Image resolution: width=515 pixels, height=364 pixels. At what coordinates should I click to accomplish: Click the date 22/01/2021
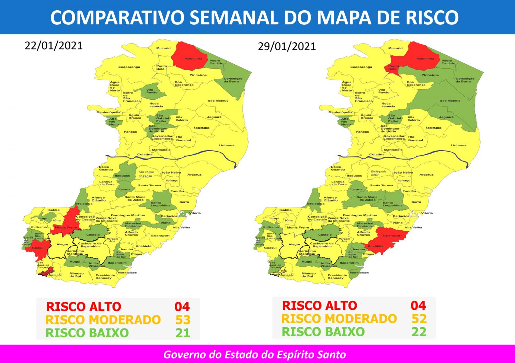[54, 46]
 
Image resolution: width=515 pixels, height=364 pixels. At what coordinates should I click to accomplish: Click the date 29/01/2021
[287, 46]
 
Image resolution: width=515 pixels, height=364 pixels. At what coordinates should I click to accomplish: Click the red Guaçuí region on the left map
[38, 249]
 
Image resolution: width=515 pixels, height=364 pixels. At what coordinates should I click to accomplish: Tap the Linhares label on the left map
[226, 145]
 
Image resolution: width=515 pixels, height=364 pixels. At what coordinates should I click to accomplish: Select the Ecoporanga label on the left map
[129, 67]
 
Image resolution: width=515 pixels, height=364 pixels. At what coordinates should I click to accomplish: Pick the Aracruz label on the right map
[426, 175]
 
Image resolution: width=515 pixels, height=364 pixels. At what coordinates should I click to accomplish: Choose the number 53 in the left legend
[182, 320]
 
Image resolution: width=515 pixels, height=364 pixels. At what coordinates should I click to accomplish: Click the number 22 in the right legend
[419, 332]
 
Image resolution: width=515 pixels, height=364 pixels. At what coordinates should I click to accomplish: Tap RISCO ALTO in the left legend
[83, 307]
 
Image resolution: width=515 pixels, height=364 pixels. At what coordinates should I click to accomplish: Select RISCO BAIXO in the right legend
[323, 332]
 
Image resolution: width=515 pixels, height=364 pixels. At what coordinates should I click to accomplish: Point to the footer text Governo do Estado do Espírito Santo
[254, 354]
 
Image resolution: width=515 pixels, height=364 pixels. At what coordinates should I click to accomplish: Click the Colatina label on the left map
[145, 154]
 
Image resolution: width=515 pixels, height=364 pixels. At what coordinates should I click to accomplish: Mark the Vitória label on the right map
[427, 213]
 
